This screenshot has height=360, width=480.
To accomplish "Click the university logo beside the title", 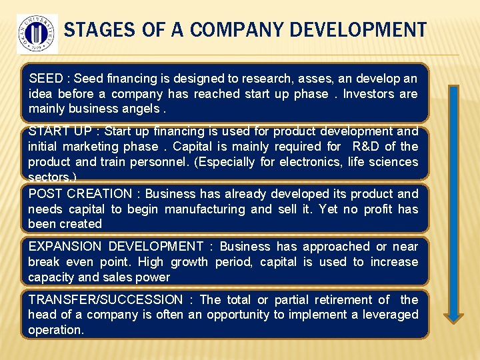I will pos(37,33).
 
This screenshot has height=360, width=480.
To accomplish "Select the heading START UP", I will pos(59,131).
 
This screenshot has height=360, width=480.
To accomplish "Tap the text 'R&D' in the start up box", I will pos(366,147).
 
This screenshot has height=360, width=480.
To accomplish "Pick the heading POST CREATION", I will pos(80,194).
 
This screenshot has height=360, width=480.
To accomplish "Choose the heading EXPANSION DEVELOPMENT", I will pos(115,247).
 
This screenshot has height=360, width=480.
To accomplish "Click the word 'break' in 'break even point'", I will pos(43,262).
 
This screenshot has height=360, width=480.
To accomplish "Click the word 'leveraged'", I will pos(389,315).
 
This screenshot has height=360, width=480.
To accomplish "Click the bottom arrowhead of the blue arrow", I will pos(453,316).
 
